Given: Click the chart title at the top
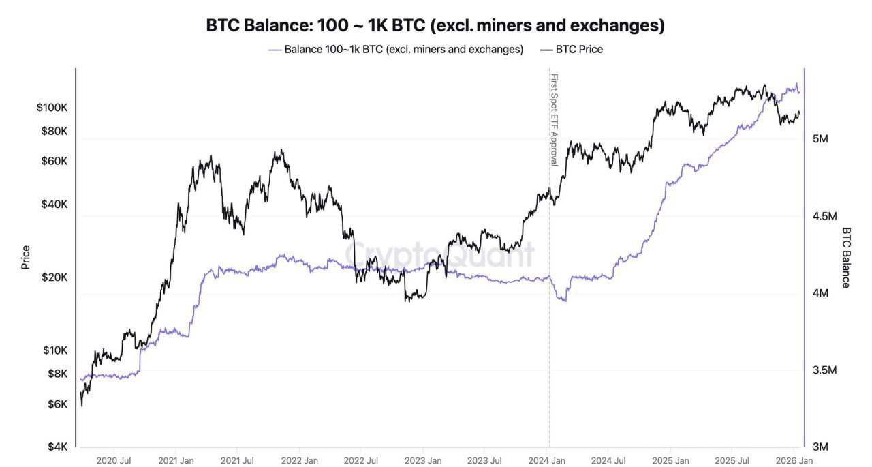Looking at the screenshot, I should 435,26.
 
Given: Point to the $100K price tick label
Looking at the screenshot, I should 52,108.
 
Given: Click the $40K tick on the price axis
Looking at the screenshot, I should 54,205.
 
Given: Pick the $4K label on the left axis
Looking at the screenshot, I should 57,447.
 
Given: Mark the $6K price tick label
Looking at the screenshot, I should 57,404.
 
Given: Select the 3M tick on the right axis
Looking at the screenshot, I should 820,447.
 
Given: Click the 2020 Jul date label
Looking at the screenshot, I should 114,460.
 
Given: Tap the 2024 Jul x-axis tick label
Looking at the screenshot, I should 610,460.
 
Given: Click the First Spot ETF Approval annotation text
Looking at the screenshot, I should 554,119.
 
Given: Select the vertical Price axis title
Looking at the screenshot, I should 26,257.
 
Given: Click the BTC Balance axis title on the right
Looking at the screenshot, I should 846,257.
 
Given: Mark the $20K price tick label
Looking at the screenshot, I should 54,277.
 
